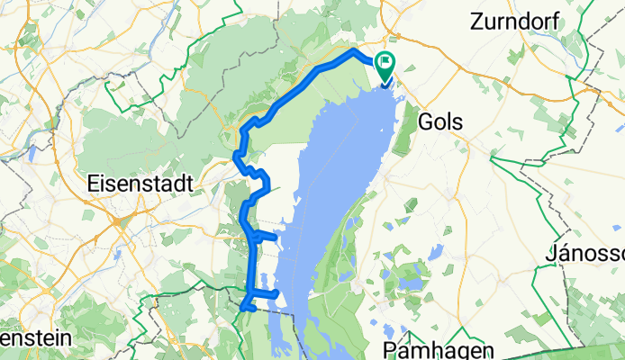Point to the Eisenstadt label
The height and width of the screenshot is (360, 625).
[x=140, y=183]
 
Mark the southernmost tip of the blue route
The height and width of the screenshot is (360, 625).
[x=242, y=309]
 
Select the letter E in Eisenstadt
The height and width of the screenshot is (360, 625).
[x=94, y=183]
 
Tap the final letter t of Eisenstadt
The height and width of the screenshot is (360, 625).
[x=189, y=183]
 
